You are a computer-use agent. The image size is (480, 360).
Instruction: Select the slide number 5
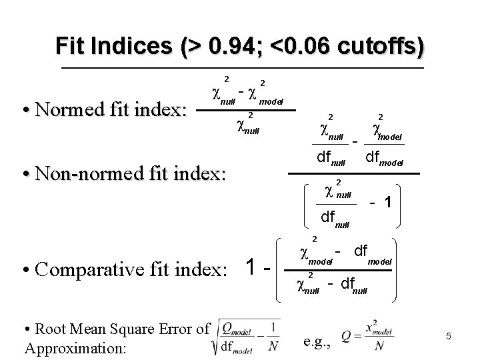coord(449,337)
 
